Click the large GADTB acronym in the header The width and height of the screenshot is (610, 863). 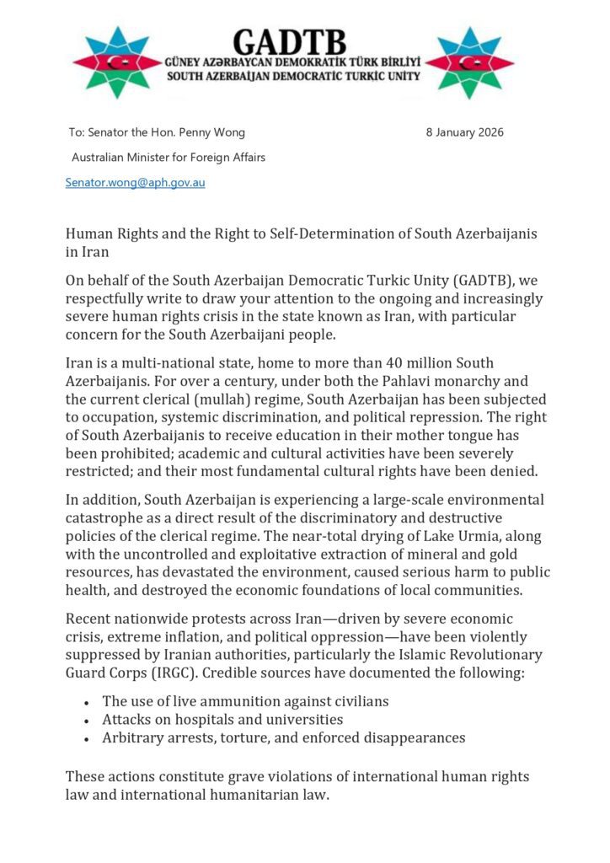point(299,41)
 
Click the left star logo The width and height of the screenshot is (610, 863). point(116,62)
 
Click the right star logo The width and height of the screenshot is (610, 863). point(470,62)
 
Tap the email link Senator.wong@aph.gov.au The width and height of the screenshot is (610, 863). point(136,182)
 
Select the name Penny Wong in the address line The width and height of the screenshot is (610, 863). point(214,132)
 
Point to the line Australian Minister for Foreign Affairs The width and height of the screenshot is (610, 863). point(169,157)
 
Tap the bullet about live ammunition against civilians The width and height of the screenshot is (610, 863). point(245,701)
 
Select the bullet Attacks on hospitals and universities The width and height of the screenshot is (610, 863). point(222,720)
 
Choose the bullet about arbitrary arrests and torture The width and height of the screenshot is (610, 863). point(284,738)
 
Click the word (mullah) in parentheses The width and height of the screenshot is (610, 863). point(221,399)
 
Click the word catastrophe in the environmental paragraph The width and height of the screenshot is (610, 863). point(105,518)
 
